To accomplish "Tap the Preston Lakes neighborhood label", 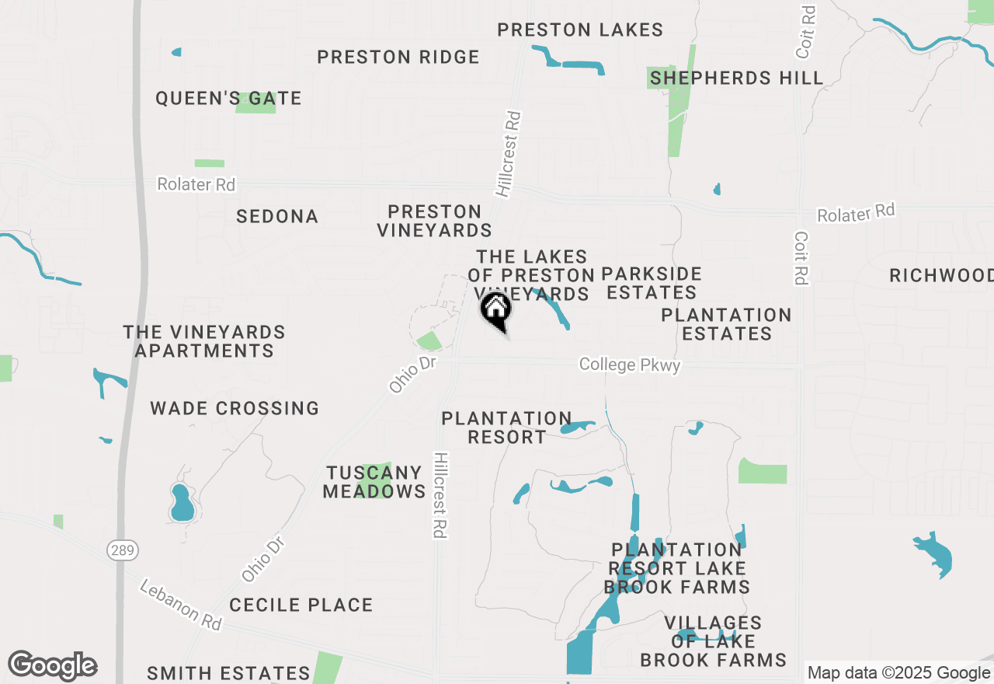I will coord(579,30).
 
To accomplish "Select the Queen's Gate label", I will coord(228,99).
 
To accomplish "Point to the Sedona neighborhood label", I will coord(277,217).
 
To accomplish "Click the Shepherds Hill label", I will coord(736,78).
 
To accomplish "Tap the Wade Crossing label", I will coord(235,408).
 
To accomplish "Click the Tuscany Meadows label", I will coord(374,482).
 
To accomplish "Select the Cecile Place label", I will coord(301,605).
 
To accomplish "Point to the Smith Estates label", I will coord(228,673).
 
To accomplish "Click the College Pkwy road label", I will coord(630,365).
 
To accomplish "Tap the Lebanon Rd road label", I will coord(180,605).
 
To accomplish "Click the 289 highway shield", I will coord(122,550).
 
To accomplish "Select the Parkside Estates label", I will coord(652,283).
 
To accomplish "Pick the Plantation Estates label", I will coord(726,324).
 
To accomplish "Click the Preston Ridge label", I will coord(398,57).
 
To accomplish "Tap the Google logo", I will coord(52,666).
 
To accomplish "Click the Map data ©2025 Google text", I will coord(898,672).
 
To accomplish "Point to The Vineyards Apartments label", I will coord(204,342).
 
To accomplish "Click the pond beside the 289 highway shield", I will coord(182,503).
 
